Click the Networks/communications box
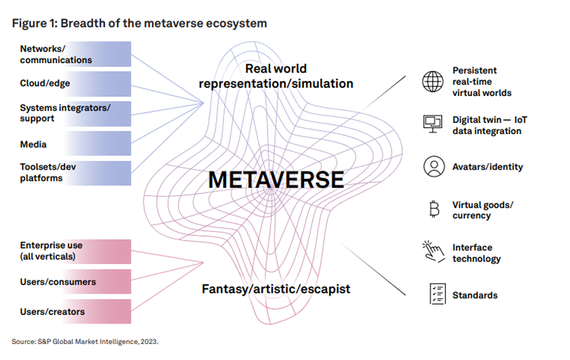[x=75, y=54]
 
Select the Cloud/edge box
[x=75, y=84]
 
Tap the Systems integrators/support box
[x=75, y=114]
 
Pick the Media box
[x=75, y=143]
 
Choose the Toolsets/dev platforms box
[x=75, y=173]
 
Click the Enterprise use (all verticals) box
[x=75, y=251]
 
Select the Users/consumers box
[x=75, y=282]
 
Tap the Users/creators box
[x=75, y=311]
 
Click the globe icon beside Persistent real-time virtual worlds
[x=433, y=81]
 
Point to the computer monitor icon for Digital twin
[x=433, y=124]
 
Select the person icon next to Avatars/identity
[x=434, y=167]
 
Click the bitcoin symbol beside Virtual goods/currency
[x=434, y=209]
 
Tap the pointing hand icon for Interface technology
[x=434, y=251]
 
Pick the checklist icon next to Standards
[x=437, y=294]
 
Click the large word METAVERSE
[x=276, y=180]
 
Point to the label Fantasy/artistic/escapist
[x=276, y=289]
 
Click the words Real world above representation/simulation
[x=276, y=68]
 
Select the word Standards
[x=475, y=296]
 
